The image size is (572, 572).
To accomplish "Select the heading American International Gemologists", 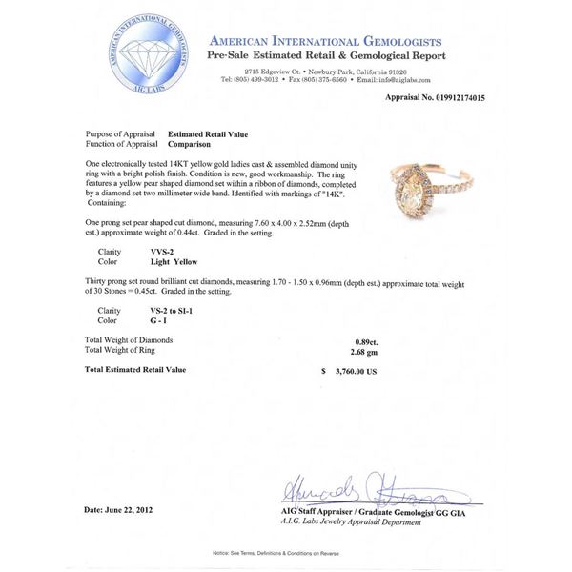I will pyautogui.click(x=324, y=42).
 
